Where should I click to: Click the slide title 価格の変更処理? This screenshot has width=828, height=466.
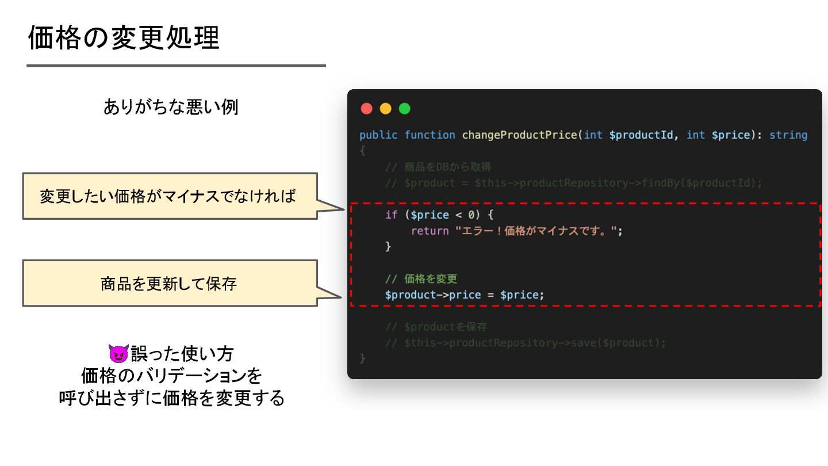point(124,39)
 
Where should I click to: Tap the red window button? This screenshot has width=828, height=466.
point(366,109)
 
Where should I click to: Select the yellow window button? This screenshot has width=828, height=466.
point(385,109)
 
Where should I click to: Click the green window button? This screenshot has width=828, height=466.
point(404,109)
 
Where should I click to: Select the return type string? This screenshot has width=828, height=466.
point(788,135)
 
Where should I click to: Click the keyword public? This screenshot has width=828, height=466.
point(378,135)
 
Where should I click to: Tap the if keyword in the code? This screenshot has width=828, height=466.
point(391,215)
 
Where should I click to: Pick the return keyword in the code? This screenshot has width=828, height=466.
point(430,231)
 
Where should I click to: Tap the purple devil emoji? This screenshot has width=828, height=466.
point(117,353)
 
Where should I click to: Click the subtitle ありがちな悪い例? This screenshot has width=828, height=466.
point(171,107)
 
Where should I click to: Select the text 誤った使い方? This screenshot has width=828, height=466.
point(182,353)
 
